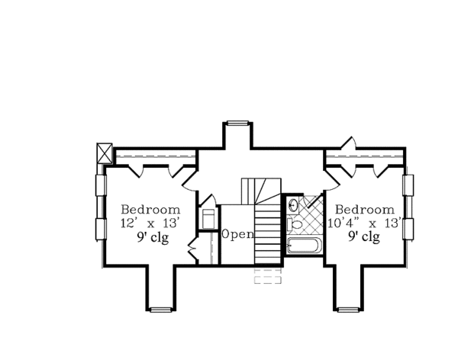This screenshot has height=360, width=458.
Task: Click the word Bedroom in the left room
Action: click(150, 210)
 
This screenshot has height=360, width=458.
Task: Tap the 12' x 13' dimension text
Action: click(150, 223)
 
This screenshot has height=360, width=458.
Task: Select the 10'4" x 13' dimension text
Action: click(364, 223)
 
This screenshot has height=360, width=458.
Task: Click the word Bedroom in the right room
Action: click(365, 210)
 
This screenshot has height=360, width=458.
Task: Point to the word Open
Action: click(237, 234)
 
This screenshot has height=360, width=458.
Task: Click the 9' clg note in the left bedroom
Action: click(153, 237)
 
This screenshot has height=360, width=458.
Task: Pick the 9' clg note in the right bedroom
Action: click(364, 236)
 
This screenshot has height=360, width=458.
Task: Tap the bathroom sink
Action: click(292, 204)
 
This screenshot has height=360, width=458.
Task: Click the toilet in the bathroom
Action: click(295, 224)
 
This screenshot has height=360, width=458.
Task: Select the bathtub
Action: click(304, 246)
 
